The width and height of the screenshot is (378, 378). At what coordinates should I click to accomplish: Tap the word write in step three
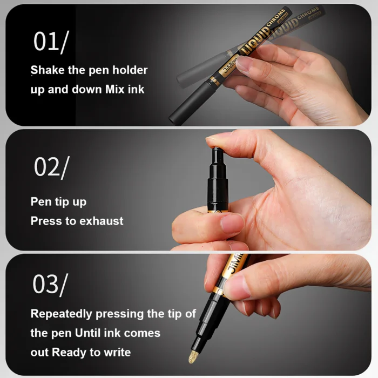[x=118, y=352]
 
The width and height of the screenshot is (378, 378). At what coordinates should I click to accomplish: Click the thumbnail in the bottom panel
[x=237, y=287]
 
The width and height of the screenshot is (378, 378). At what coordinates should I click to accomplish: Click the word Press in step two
[x=45, y=221]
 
